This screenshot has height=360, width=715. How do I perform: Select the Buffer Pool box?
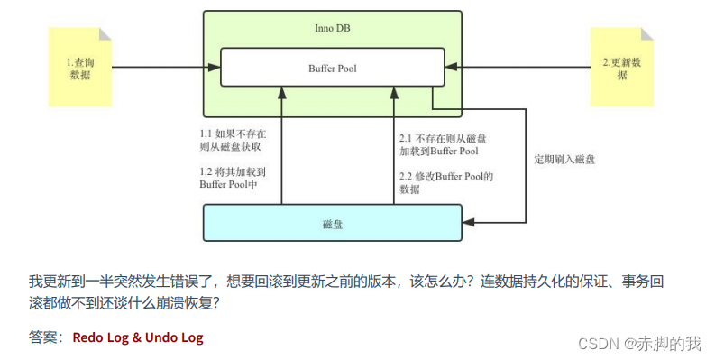point(332,68)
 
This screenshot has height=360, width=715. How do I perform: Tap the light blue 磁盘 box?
point(332,223)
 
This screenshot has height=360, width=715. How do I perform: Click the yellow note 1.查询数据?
point(79,68)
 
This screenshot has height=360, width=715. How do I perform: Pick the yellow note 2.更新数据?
point(621,68)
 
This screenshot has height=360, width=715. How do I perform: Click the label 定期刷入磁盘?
point(564,160)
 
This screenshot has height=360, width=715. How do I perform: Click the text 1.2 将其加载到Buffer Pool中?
point(233,178)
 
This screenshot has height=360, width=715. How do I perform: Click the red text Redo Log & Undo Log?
point(138,338)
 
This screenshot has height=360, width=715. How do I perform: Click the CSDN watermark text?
point(596,343)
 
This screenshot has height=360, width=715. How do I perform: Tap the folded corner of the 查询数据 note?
point(105,34)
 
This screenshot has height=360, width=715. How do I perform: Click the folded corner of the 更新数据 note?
point(646,34)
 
